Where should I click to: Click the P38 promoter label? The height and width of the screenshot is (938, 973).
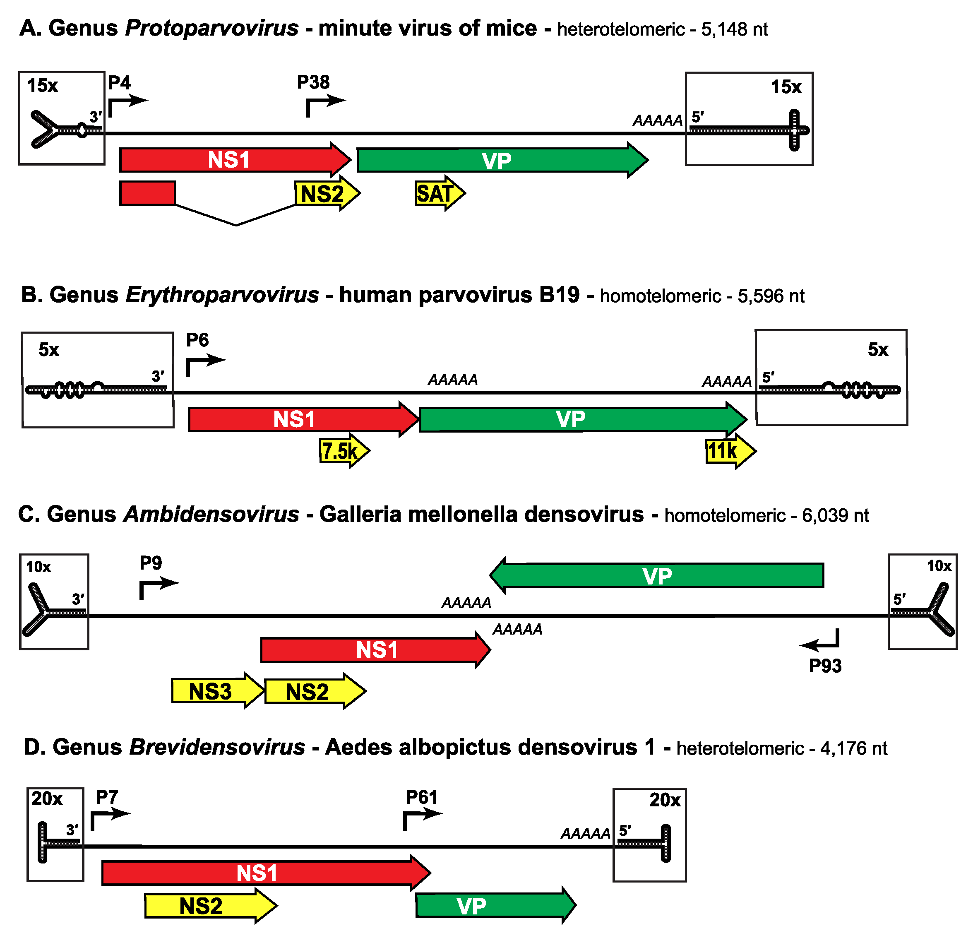point(313,82)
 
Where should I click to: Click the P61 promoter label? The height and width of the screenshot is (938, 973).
point(421,797)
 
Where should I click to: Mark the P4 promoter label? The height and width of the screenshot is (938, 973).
point(119,82)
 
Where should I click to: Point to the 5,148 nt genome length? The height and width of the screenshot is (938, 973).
point(734,29)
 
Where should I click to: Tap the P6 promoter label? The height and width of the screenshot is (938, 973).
point(197,340)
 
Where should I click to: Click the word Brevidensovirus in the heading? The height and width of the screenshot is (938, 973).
point(217,747)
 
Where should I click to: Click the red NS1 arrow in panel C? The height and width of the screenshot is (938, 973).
point(375,650)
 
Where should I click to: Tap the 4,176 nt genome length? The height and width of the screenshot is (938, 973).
point(853,748)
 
